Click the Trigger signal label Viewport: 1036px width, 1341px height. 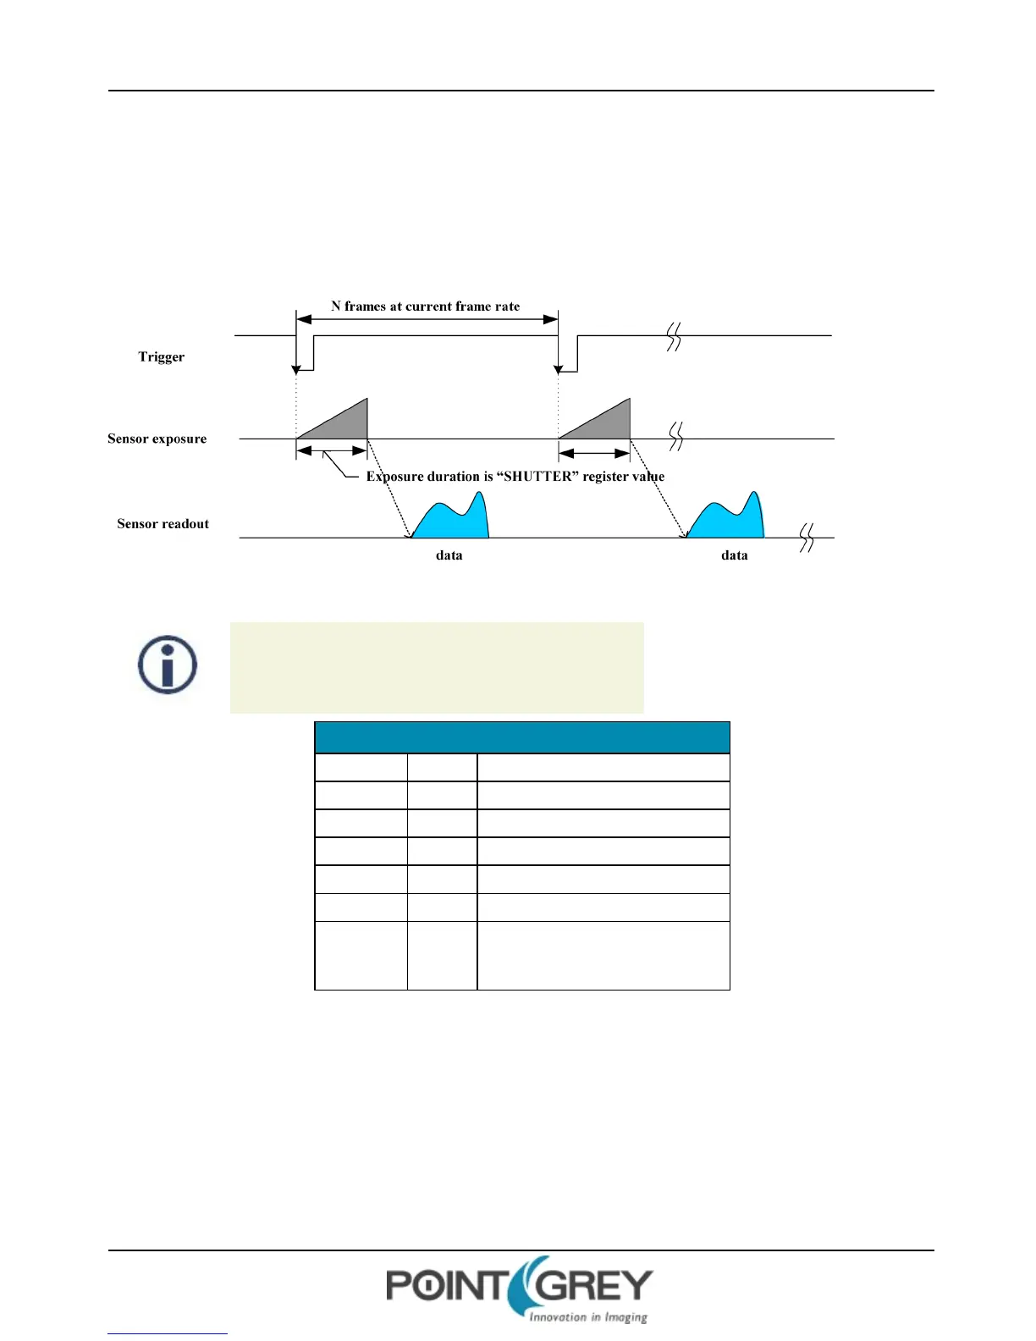(x=161, y=356)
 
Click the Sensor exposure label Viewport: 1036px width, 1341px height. (x=157, y=439)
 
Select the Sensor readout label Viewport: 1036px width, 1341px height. (x=163, y=524)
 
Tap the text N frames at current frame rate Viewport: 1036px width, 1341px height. (x=425, y=306)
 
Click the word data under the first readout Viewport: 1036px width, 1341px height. (x=449, y=555)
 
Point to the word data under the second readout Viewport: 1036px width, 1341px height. (x=734, y=555)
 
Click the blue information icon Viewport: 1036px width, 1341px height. (x=168, y=665)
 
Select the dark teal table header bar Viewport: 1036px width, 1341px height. (x=521, y=737)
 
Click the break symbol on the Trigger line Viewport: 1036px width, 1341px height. (x=674, y=337)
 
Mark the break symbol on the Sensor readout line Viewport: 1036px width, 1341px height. (x=807, y=538)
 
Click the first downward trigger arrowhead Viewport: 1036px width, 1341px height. (x=296, y=368)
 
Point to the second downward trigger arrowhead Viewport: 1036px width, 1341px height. (x=559, y=368)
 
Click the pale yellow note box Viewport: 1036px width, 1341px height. (x=437, y=668)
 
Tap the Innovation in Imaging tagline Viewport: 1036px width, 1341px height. (x=587, y=1317)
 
